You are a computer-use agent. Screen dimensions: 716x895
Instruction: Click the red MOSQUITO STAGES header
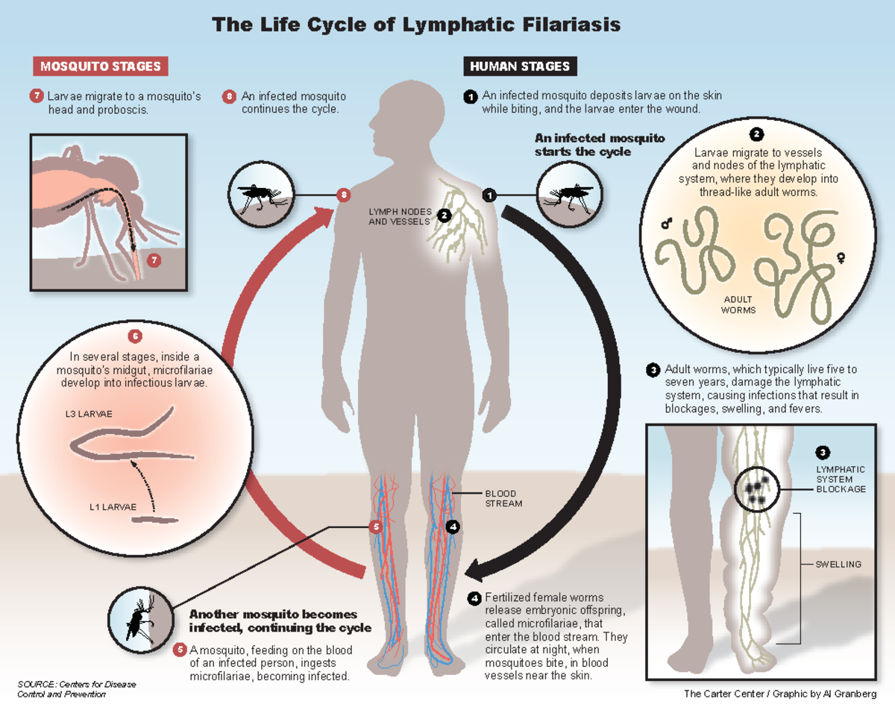101,66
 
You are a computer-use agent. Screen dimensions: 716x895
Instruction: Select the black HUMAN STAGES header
520,66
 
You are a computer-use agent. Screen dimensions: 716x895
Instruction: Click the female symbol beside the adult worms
841,257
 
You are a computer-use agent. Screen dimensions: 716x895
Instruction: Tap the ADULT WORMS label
738,304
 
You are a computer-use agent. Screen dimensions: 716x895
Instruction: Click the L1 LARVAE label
113,507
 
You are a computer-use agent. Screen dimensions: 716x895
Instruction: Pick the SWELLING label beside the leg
838,565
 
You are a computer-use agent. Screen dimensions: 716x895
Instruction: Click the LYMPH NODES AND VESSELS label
400,216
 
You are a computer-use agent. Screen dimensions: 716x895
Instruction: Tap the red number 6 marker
134,336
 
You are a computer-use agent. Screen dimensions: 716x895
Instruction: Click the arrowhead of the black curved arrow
474,571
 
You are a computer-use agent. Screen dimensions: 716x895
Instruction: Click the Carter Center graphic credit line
779,694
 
